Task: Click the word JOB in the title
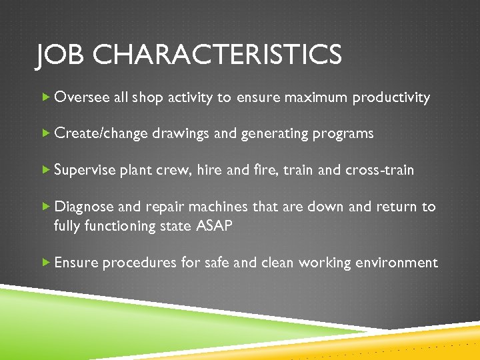tap(61, 55)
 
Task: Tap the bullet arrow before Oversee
tap(45, 98)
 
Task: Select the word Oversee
tap(82, 98)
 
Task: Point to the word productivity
tap(391, 98)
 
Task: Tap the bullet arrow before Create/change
tap(45, 134)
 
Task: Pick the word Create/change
tap(101, 134)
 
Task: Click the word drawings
tap(181, 134)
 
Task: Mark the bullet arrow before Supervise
tap(45, 171)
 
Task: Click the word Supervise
tap(85, 171)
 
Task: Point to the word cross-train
tap(380, 171)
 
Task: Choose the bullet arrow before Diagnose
tap(45, 207)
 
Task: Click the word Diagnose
tap(84, 207)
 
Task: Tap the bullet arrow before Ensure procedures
tap(45, 263)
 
